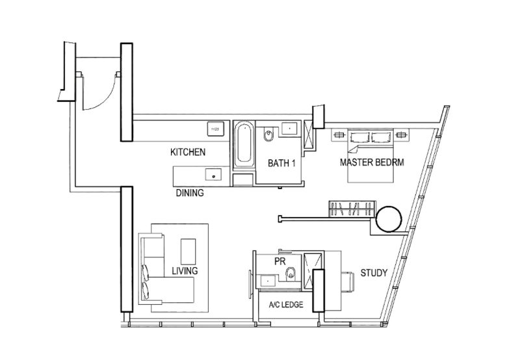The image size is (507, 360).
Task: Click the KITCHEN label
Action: [188, 152]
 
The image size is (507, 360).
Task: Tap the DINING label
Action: [190, 193]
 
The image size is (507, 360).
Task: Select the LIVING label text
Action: [185, 271]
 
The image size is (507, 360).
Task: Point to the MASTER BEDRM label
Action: [372, 162]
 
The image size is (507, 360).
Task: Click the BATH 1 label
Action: [281, 163]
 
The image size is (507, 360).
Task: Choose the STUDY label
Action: [374, 273]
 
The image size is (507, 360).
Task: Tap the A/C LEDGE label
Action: [286, 304]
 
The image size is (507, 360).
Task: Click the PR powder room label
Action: [280, 261]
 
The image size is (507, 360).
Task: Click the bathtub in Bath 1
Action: [244, 144]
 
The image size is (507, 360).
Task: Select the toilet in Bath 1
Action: [268, 135]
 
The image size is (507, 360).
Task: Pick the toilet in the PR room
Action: [291, 273]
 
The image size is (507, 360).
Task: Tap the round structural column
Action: [389, 219]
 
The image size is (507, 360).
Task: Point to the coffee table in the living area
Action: [188, 251]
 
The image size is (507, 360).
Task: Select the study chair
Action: [348, 282]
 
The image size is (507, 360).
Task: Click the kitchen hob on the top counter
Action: [215, 129]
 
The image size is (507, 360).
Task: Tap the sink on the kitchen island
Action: [213, 175]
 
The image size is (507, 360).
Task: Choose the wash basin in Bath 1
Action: [289, 129]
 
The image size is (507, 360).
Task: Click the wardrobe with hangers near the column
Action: [352, 209]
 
